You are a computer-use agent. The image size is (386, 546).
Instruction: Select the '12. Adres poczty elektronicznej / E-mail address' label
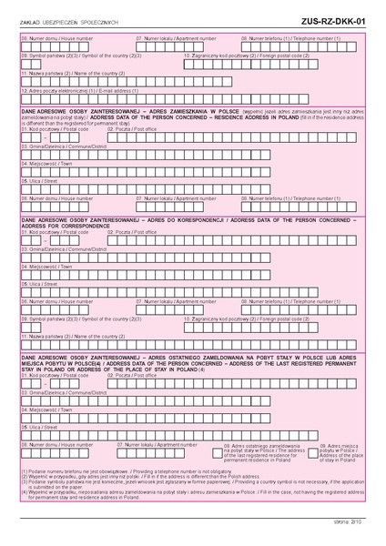point(65,90)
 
